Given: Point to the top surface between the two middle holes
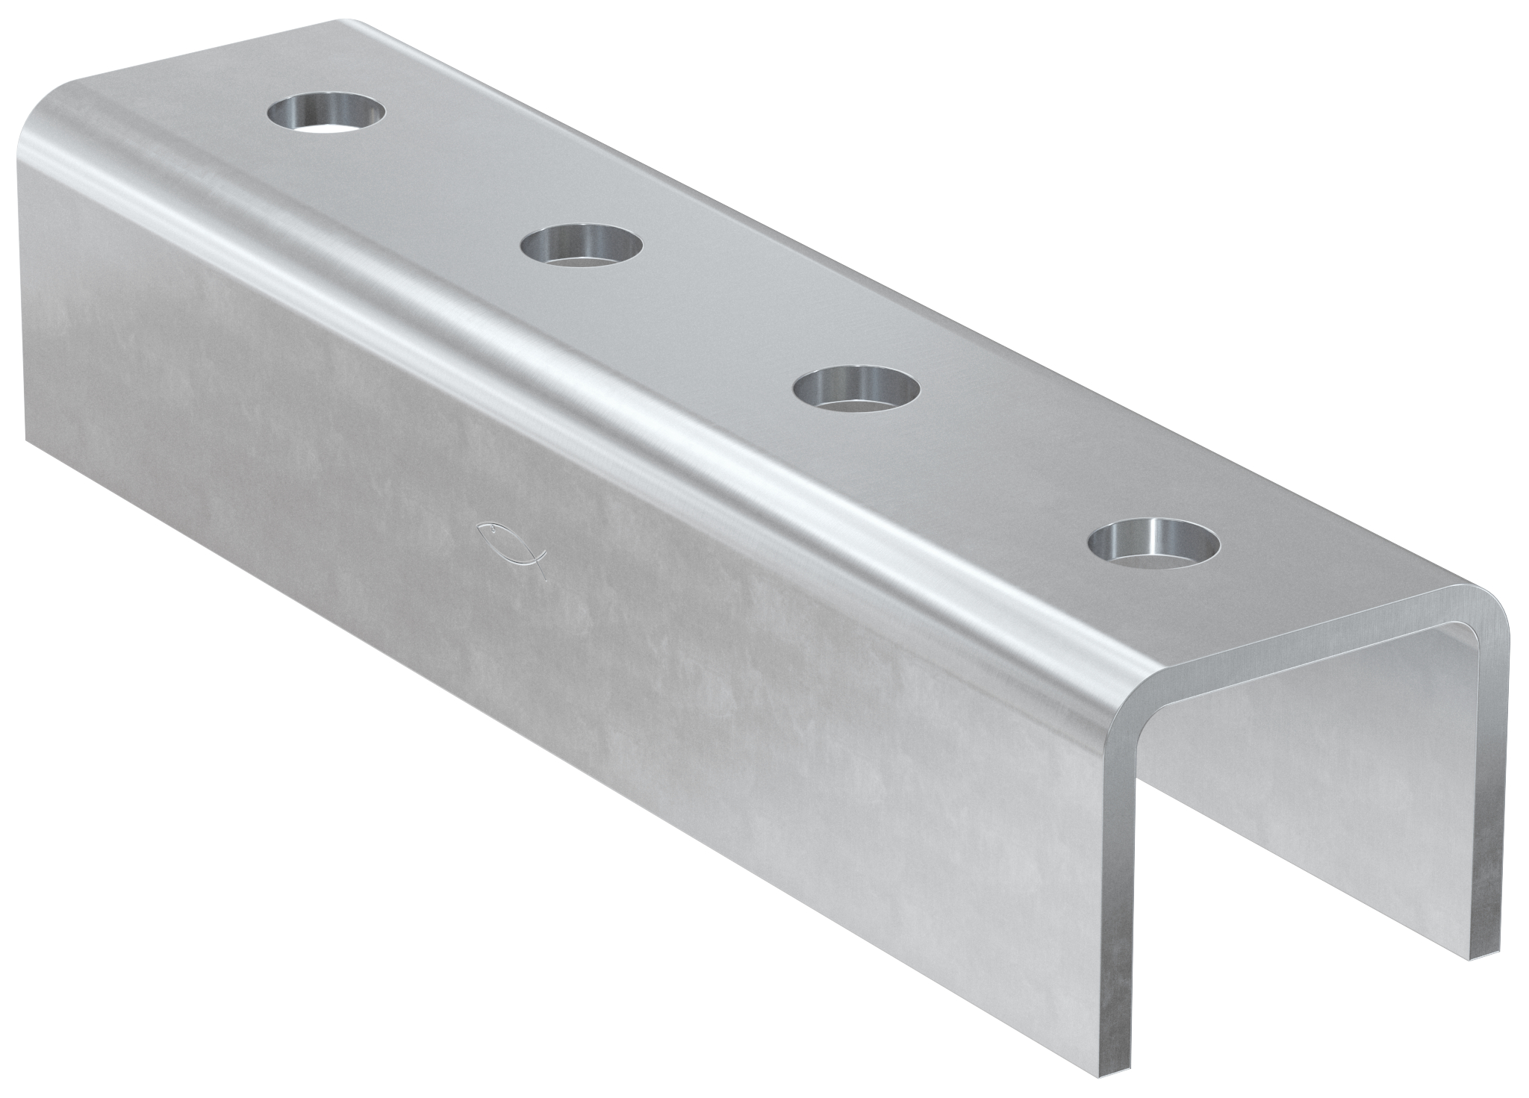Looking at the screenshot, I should click(720, 317).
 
